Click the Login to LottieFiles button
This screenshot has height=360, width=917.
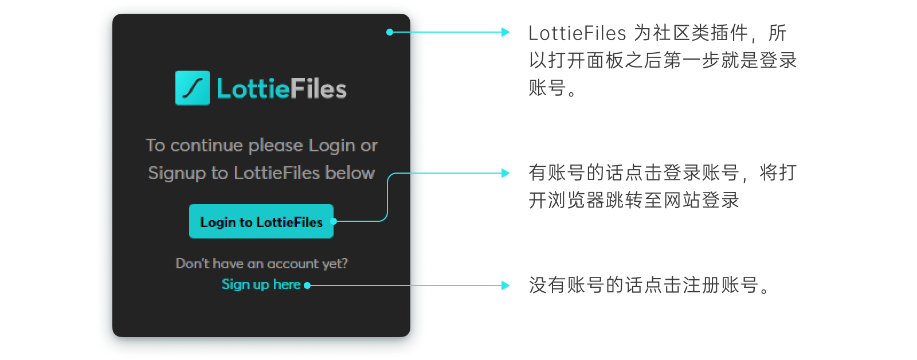(x=261, y=222)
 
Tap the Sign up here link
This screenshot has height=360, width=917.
(x=261, y=284)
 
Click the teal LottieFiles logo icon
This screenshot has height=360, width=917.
(x=193, y=88)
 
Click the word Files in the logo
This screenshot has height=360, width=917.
(x=318, y=89)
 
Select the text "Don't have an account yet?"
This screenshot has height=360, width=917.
(x=261, y=264)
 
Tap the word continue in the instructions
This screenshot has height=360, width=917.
(x=206, y=146)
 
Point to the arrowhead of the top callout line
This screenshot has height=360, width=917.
(x=505, y=32)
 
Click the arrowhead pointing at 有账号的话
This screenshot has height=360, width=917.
(x=505, y=173)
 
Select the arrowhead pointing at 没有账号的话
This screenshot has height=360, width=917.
(x=505, y=285)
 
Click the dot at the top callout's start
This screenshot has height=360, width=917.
(x=390, y=32)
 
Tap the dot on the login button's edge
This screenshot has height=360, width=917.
(x=334, y=221)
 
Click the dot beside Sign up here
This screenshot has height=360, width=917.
(x=307, y=285)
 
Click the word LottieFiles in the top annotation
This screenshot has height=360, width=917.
(x=577, y=33)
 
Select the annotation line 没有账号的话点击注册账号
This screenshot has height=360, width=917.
(x=650, y=285)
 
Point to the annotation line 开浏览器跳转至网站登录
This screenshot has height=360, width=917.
(x=634, y=201)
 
